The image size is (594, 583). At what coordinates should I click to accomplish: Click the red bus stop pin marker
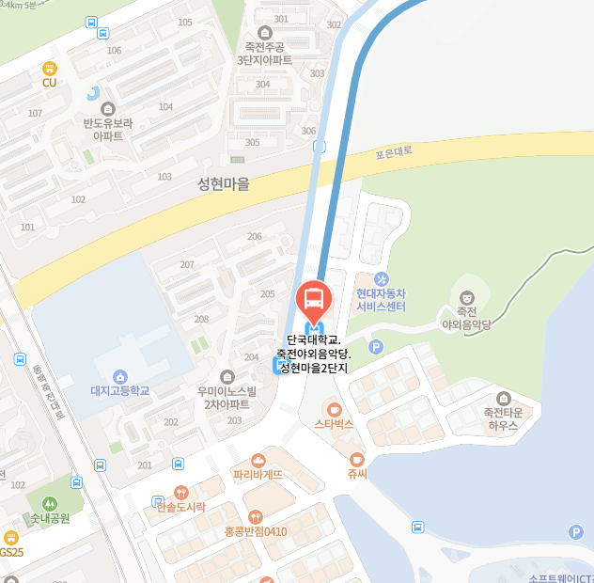coord(313,300)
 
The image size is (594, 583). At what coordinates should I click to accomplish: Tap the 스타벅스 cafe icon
coord(333,409)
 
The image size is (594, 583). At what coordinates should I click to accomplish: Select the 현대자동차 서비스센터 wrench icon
coord(381,279)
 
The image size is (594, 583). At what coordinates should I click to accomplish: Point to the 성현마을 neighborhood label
coord(224,184)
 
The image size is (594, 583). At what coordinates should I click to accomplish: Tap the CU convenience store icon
coord(50,68)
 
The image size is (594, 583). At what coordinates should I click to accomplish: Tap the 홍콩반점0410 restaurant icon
coord(255,516)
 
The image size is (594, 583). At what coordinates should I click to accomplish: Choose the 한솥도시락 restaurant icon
coord(180,492)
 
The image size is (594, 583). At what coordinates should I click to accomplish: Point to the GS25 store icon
coord(10,537)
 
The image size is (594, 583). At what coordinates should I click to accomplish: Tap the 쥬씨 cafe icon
coord(355,459)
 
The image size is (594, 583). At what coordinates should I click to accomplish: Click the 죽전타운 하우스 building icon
coord(507,397)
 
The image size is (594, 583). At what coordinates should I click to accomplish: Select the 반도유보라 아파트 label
coord(108,129)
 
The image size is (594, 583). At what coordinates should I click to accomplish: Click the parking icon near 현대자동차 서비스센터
coord(377,347)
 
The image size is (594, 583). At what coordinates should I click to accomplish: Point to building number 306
coord(308,131)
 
